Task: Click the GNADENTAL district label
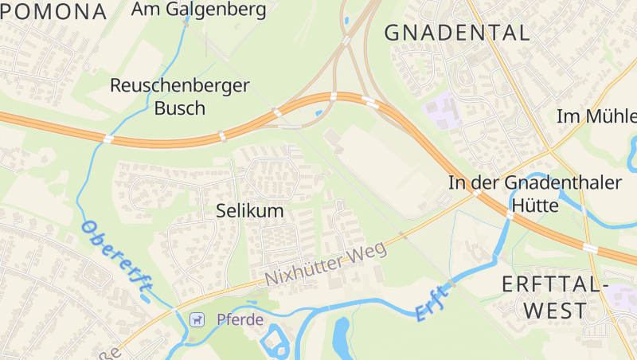click(x=456, y=33)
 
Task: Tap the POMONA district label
click(x=53, y=11)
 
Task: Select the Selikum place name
click(x=250, y=211)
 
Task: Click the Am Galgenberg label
click(x=198, y=10)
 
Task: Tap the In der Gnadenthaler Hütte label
click(x=535, y=194)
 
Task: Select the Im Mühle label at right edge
click(x=597, y=116)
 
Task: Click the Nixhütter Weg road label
click(x=326, y=264)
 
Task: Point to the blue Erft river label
click(x=432, y=303)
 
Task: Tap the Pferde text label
click(x=240, y=319)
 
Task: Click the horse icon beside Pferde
click(x=197, y=319)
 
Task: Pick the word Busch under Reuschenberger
click(x=180, y=108)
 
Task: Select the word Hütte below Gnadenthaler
click(x=535, y=205)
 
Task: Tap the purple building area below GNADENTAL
click(x=440, y=111)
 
